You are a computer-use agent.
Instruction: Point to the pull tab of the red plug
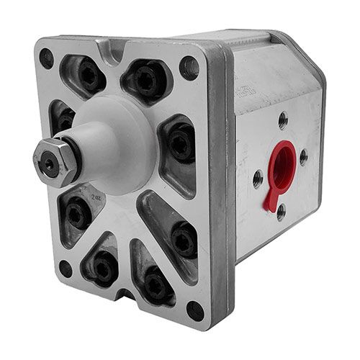coord(271,199)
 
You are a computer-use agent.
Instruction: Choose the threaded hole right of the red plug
coord(303,156)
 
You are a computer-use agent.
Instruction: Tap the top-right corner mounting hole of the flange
coord(189,68)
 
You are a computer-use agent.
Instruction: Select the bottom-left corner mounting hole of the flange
coord(66,268)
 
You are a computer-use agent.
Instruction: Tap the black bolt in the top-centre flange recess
coord(148,80)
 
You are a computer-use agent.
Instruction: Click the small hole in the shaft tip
coord(48,162)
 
